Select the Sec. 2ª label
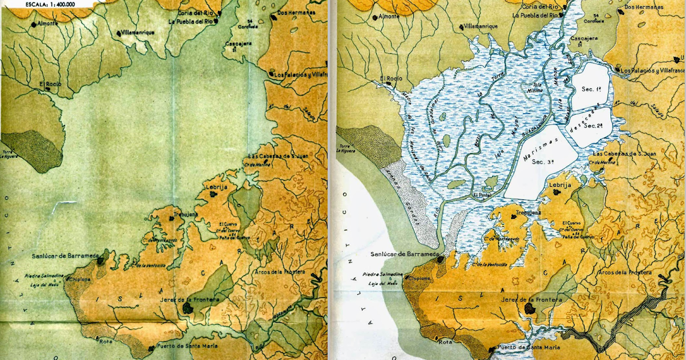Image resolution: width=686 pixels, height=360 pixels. [595, 125]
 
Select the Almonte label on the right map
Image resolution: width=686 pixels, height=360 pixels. [389, 17]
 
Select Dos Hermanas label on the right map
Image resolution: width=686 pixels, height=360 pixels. [644, 7]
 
